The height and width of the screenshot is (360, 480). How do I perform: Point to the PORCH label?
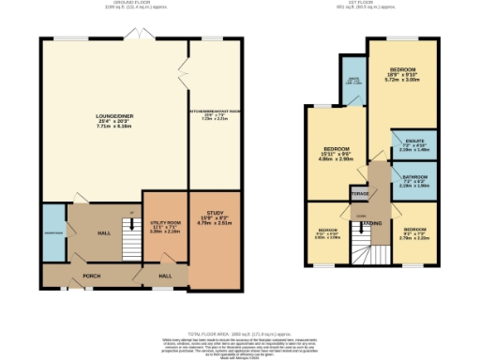click(91, 276)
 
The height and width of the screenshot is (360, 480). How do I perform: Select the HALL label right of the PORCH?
click(165, 276)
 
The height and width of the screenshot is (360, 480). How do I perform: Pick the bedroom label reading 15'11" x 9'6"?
click(337, 154)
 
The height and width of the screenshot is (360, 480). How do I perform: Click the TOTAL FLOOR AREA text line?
click(239, 333)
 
